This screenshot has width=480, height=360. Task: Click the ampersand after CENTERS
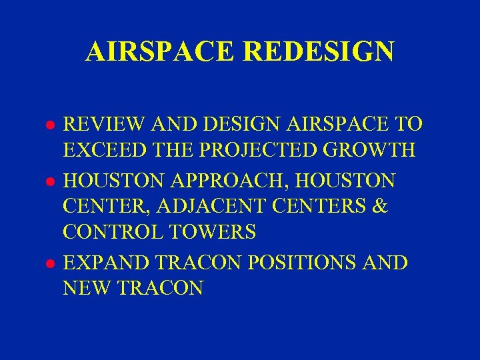[380, 206]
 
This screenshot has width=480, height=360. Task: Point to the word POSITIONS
[305, 263]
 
